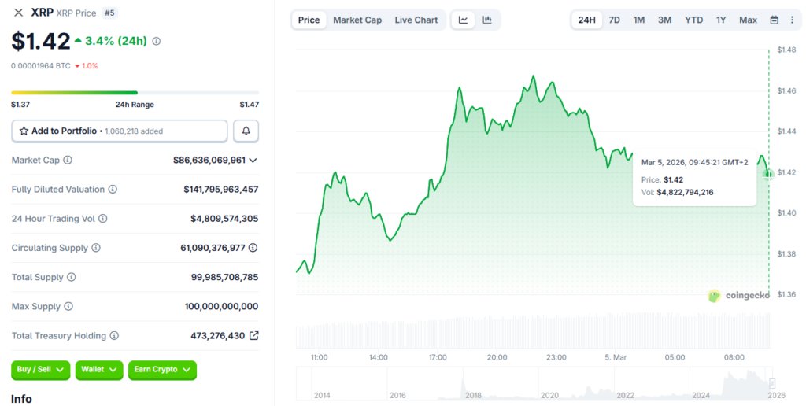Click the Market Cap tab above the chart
357,20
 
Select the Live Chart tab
416,20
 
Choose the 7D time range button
615,20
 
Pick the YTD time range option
693,20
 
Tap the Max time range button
748,20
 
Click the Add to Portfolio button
120,131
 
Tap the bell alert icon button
246,131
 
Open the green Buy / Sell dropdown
40,370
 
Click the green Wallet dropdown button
100,370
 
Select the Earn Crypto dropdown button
162,370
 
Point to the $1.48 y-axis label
786,50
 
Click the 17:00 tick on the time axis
438,357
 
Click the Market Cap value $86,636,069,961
209,160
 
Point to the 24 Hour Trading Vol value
224,219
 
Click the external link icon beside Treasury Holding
253,335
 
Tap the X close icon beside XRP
19,13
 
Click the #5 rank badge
109,13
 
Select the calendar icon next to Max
774,20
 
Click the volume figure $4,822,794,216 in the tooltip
685,192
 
